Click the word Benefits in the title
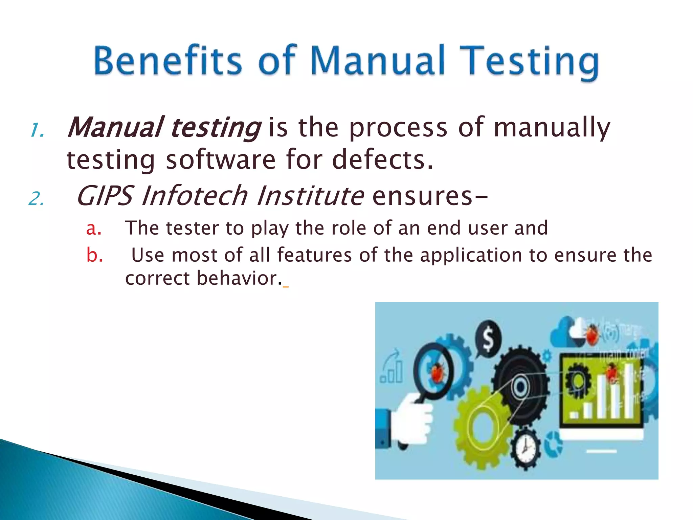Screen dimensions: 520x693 (x=168, y=61)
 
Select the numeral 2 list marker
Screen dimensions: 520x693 (x=36, y=199)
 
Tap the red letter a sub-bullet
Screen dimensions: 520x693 (x=93, y=229)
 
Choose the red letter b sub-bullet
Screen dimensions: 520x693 (x=94, y=255)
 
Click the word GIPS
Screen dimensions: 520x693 (x=105, y=196)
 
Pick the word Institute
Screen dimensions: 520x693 (x=310, y=196)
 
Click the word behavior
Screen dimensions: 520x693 (x=237, y=278)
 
